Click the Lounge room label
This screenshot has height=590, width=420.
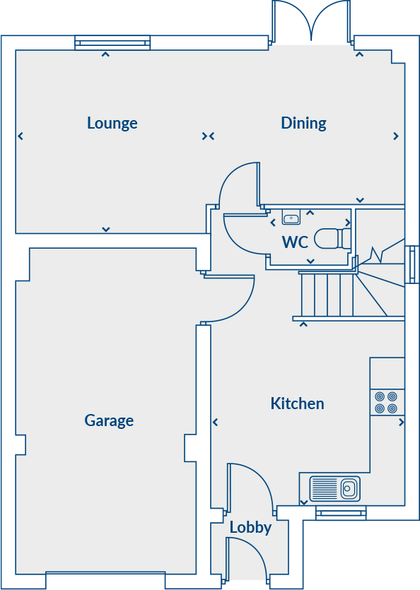click(112, 123)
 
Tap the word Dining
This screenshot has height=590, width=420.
click(303, 123)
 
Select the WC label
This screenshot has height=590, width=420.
click(295, 242)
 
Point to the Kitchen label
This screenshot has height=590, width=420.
click(297, 403)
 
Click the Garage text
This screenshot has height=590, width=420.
click(109, 421)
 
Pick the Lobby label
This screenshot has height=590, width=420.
click(250, 528)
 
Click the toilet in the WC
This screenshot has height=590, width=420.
click(330, 239)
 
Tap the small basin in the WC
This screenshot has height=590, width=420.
click(291, 217)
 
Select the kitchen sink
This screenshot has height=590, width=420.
click(335, 488)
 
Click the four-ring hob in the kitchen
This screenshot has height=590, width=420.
click(386, 403)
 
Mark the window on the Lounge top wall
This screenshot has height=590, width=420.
click(113, 44)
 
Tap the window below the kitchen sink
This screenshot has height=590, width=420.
click(341, 514)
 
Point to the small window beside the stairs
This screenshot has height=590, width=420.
click(412, 265)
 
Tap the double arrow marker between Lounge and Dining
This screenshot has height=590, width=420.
click(208, 136)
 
